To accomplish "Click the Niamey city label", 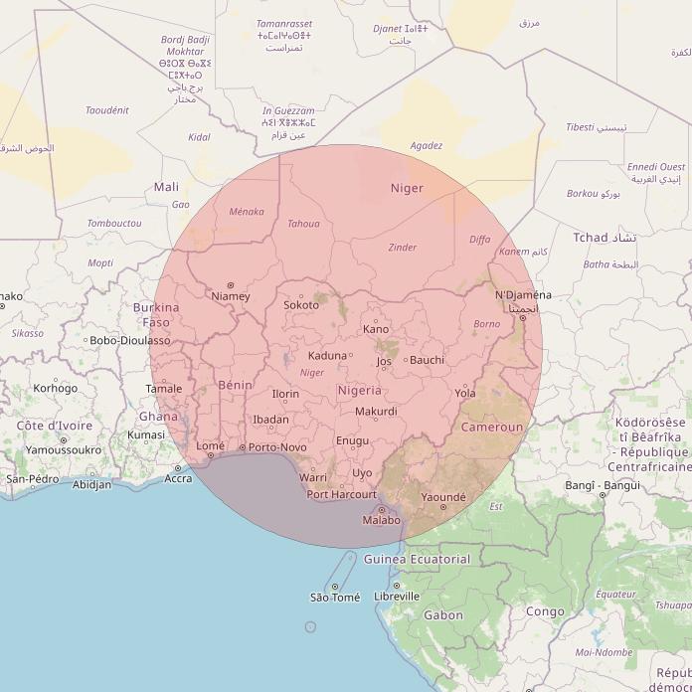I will click(231, 296).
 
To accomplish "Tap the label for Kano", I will click(376, 329).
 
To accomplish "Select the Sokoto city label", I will click(301, 305).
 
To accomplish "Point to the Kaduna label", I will click(327, 356).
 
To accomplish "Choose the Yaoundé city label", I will click(443, 496).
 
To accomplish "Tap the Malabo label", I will click(382, 520).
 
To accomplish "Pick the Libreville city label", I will click(397, 597).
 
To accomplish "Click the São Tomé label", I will click(335, 598).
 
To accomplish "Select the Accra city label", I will click(179, 478).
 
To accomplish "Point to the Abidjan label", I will click(92, 485).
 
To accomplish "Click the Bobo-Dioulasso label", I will click(130, 341).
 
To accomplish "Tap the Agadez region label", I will click(426, 145).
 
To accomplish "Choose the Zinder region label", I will click(403, 248).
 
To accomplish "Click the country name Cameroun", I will click(491, 428).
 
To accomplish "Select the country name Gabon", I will click(443, 615).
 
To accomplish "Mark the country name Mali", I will click(166, 187).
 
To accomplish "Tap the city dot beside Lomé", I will click(211, 456).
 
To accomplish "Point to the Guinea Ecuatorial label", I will click(417, 560).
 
